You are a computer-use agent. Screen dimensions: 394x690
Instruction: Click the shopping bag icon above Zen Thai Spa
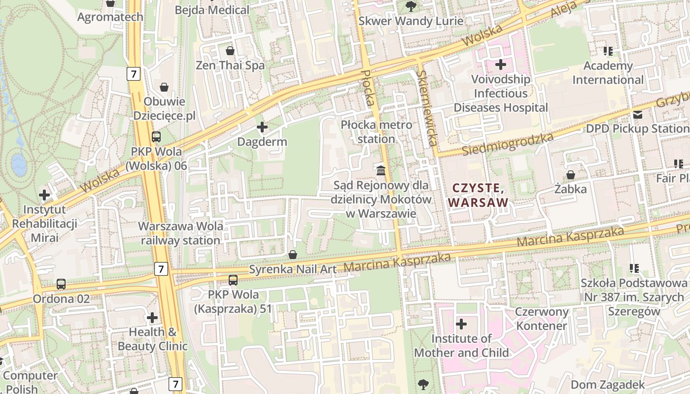tap(230, 51)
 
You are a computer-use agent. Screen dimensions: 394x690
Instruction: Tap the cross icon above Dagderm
tap(262, 128)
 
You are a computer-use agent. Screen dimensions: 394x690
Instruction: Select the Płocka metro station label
tap(376, 132)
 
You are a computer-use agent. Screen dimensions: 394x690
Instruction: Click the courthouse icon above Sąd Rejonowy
tap(381, 171)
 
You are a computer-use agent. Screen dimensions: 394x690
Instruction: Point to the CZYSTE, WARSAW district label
tap(478, 195)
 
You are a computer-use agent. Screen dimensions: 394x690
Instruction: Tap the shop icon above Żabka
tap(570, 175)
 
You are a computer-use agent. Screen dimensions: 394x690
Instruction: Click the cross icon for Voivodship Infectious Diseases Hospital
tap(501, 65)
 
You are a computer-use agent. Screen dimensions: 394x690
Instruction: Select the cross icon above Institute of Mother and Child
tap(461, 324)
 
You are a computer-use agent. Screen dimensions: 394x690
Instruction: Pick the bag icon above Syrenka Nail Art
tap(292, 255)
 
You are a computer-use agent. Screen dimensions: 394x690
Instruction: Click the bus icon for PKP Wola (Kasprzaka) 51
tap(233, 280)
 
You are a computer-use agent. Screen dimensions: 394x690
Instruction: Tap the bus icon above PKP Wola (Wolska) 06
tap(156, 137)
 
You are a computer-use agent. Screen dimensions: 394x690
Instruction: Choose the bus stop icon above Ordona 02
tap(61, 284)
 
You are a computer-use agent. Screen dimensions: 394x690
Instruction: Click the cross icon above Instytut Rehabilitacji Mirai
tap(44, 195)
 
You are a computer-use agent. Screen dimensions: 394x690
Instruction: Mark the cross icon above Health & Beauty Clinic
tap(152, 318)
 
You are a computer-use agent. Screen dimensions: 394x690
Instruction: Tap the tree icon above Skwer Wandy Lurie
tap(411, 6)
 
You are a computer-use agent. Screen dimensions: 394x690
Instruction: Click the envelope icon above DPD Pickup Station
tap(638, 115)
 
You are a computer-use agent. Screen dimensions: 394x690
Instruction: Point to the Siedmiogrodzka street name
tap(508, 144)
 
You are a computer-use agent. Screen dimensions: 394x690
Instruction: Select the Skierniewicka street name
tap(426, 108)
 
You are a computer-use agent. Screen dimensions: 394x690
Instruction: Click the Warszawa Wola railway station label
tap(180, 233)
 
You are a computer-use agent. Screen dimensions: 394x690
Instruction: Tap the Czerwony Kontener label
tap(542, 319)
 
